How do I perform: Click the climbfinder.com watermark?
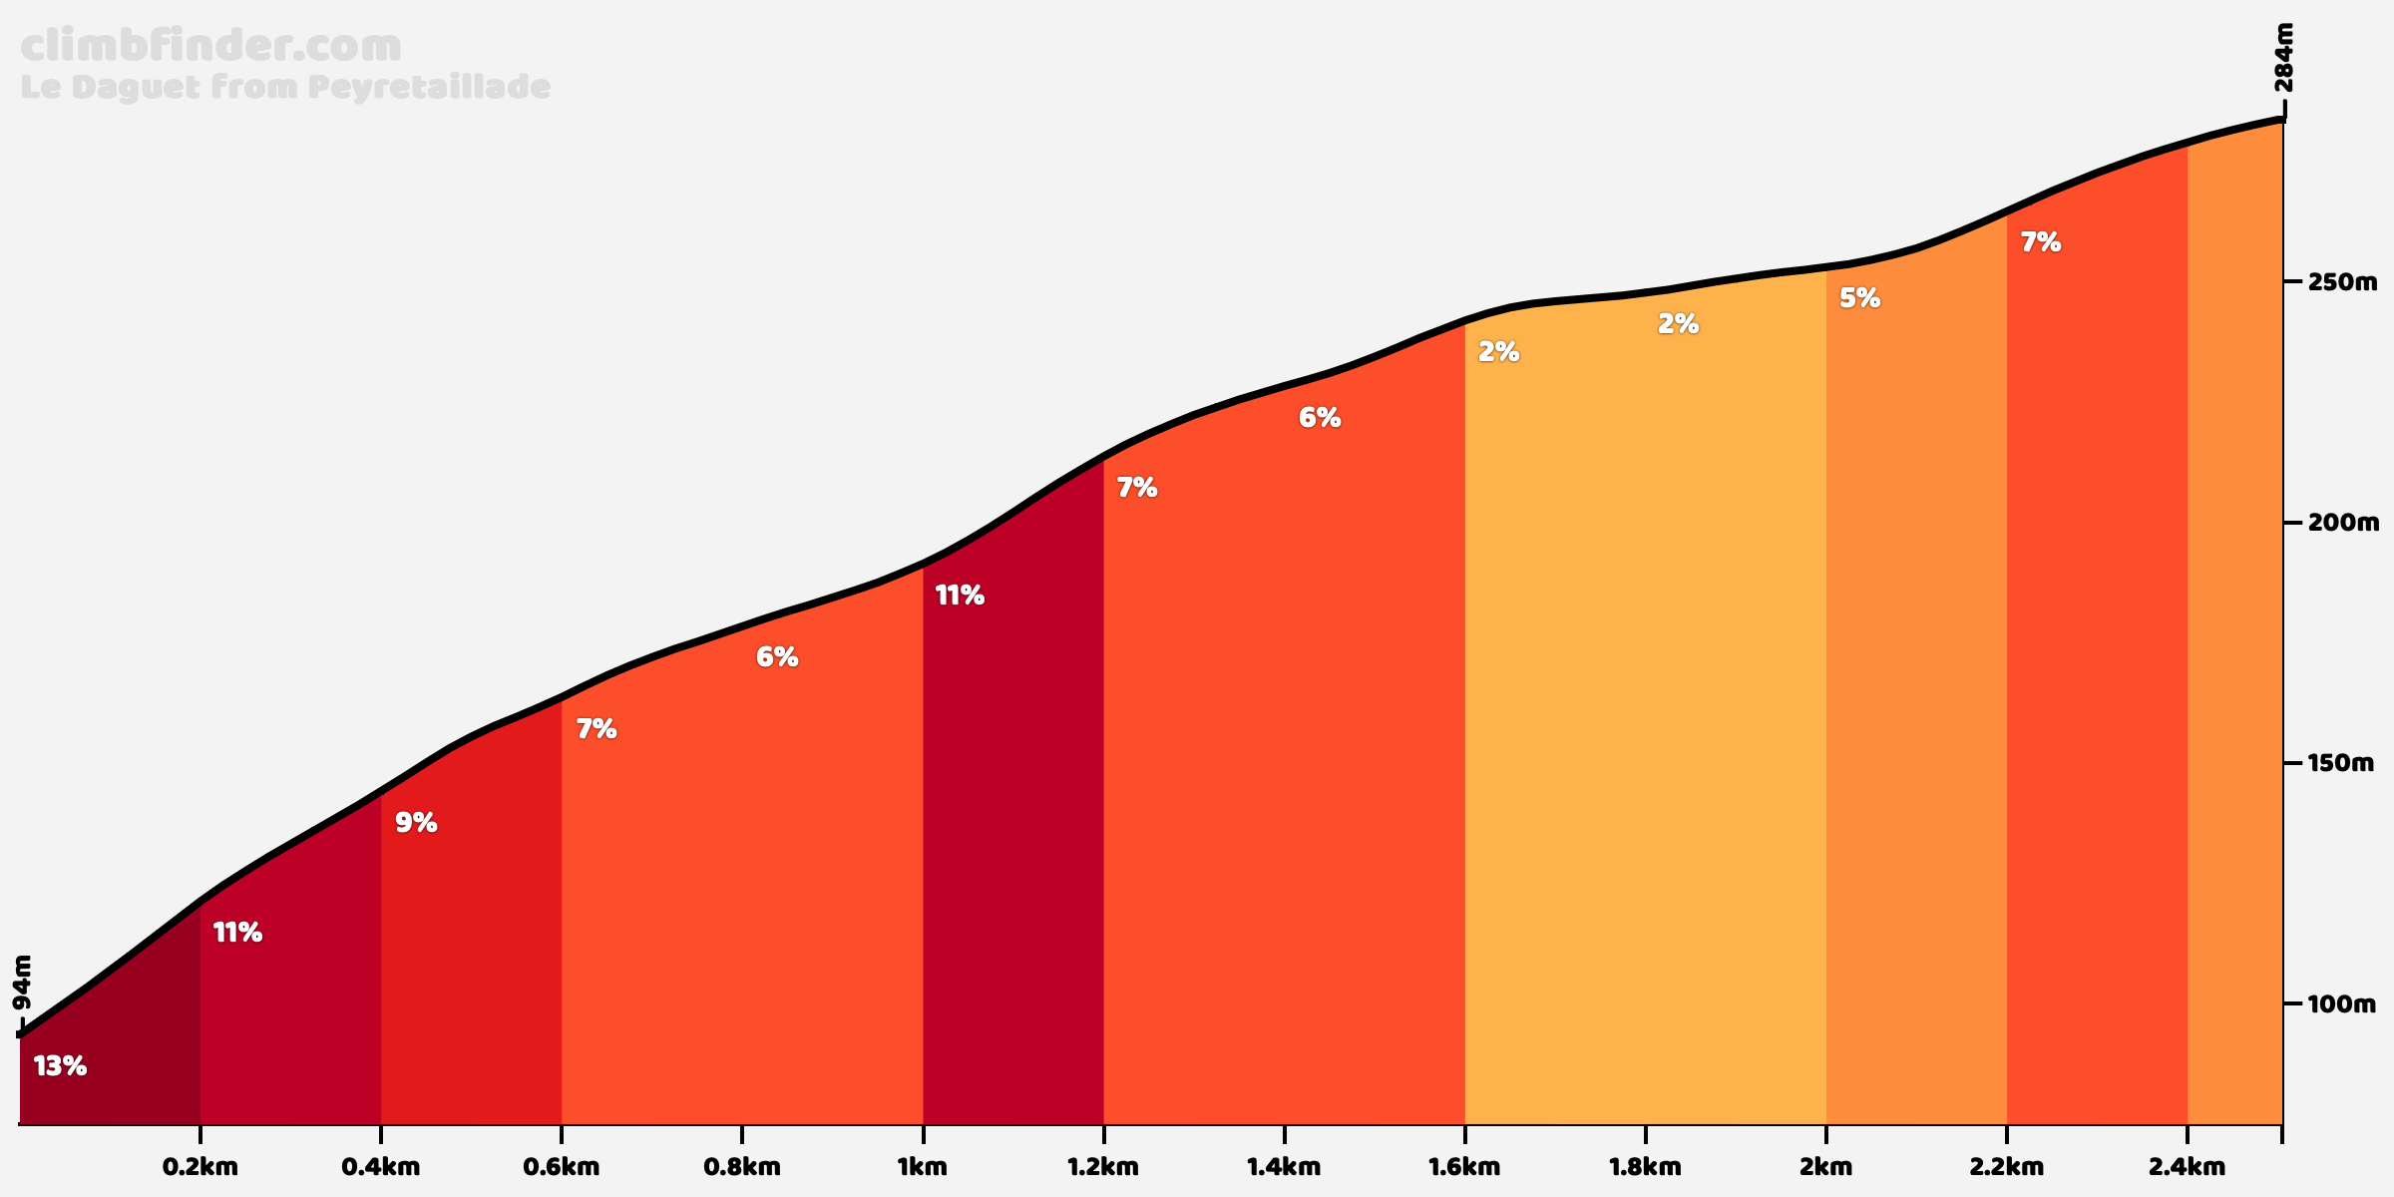tap(210, 46)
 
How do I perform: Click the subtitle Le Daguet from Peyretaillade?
tap(285, 88)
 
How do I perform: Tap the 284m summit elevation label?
tap(2283, 71)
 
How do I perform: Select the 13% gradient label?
tap(60, 1066)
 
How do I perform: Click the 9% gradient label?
tap(416, 823)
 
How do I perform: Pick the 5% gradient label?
tap(1859, 298)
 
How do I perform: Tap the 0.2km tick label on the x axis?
tap(200, 1167)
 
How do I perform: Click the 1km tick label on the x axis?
tap(923, 1167)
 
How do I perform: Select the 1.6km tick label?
tap(1464, 1167)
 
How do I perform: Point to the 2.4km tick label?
tap(2187, 1167)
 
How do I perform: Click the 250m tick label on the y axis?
tap(2341, 282)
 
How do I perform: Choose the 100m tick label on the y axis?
tap(2341, 1003)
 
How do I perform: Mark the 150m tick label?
tap(2341, 763)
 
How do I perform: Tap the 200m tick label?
tap(2341, 523)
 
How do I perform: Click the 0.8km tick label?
tap(742, 1167)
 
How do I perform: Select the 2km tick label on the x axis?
tap(1825, 1167)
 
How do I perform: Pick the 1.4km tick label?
tap(1284, 1167)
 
